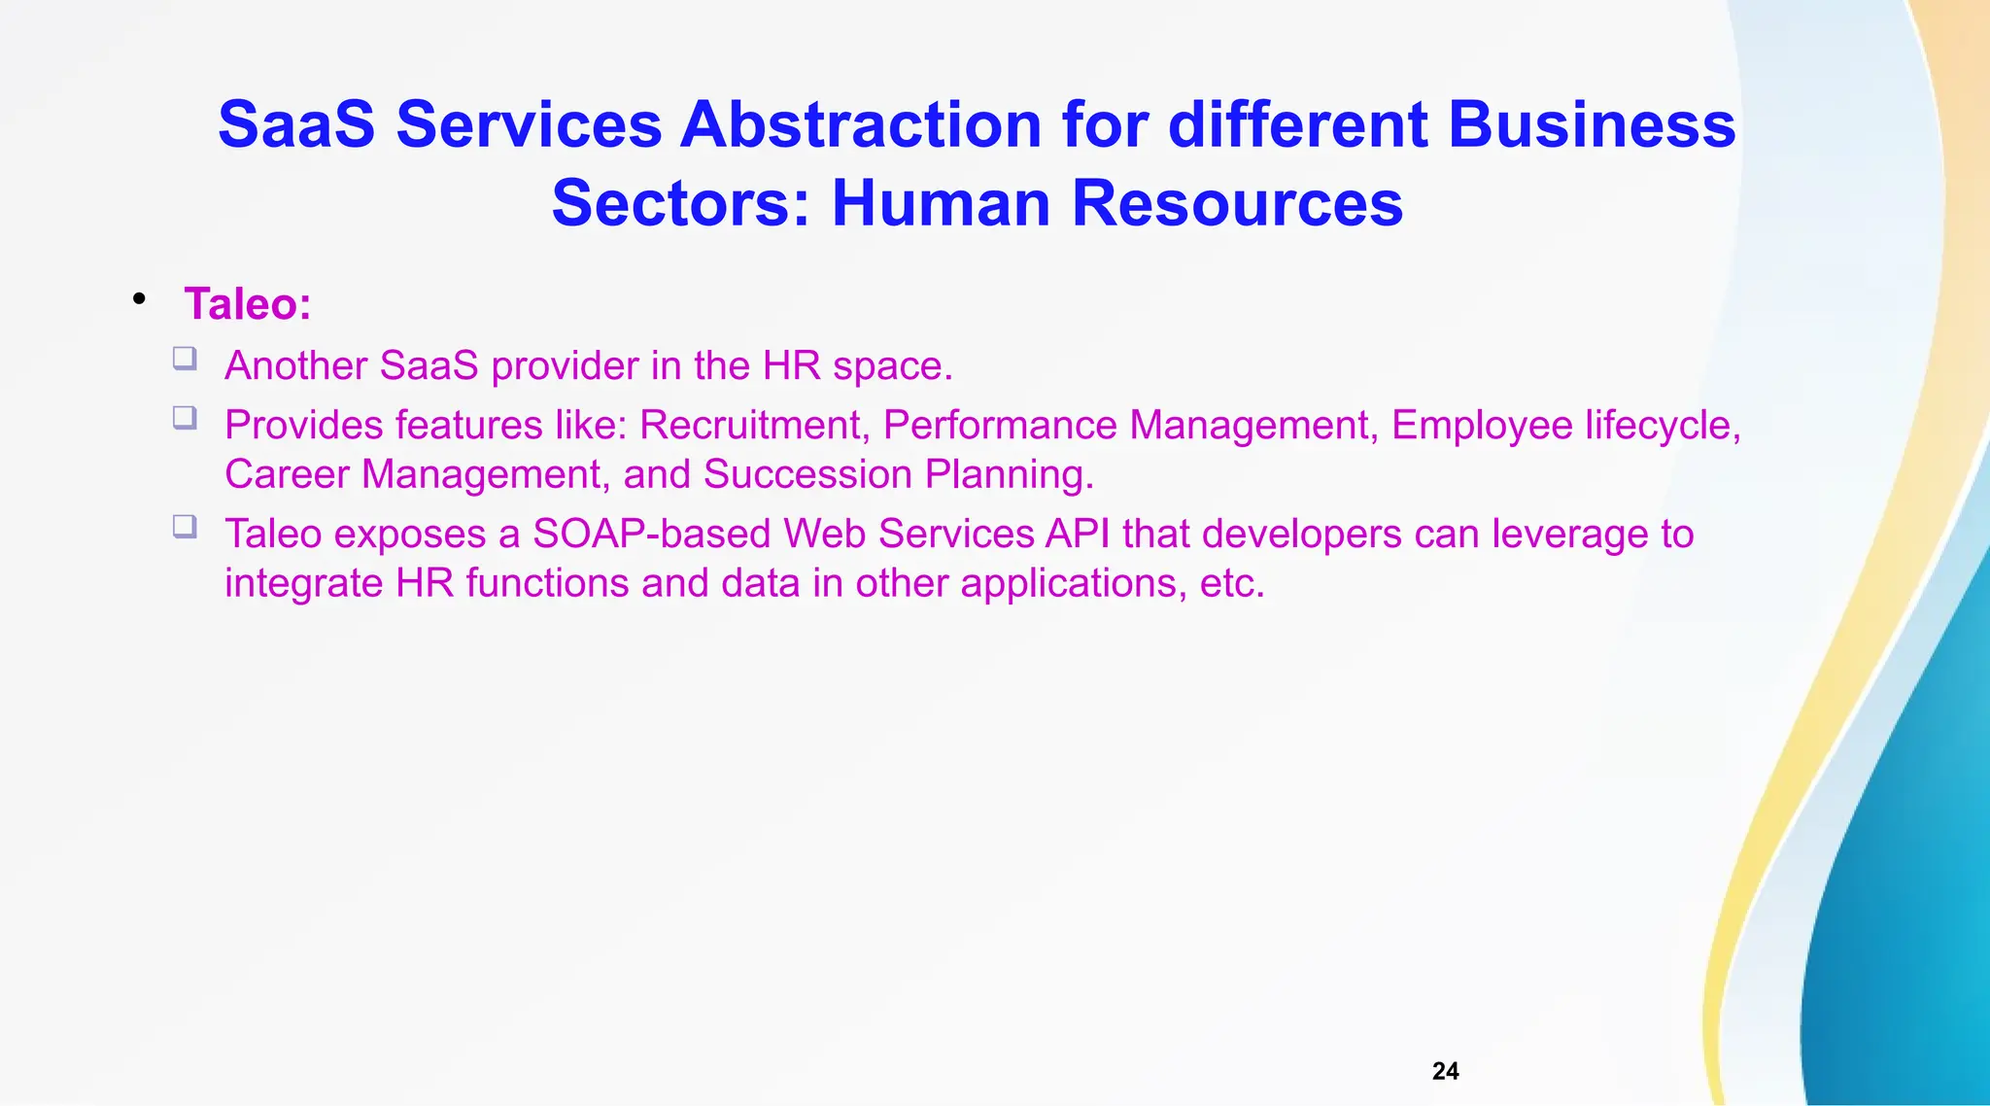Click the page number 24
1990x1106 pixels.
[x=1445, y=1071]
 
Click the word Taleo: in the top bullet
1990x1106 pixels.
[x=248, y=304]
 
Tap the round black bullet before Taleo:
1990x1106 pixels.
[x=140, y=298]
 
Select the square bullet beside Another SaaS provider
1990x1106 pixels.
[x=185, y=359]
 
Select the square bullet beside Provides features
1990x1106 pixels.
[x=185, y=418]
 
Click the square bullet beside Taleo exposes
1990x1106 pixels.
[x=185, y=527]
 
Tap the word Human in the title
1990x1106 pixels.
[x=941, y=203]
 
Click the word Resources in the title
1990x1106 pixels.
[x=1237, y=203]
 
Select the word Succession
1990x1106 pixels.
[x=807, y=474]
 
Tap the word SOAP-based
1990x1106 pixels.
[x=651, y=535]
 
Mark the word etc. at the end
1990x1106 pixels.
[x=1232, y=583]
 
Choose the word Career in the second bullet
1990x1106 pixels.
[x=287, y=474]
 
